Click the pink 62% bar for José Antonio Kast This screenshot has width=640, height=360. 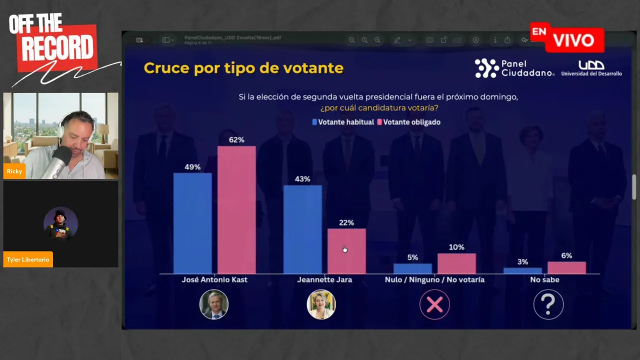[236, 210]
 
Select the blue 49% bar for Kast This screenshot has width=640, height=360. [192, 223]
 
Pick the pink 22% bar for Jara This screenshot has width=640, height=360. [346, 251]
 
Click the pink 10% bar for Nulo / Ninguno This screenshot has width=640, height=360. [456, 263]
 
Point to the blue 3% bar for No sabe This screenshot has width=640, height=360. [522, 270]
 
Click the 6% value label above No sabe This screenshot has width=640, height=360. [566, 255]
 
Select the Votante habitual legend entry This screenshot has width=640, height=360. [343, 122]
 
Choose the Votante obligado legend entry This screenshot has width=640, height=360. [408, 122]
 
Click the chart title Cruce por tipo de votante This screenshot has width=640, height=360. [243, 68]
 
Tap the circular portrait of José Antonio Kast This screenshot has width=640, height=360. [214, 304]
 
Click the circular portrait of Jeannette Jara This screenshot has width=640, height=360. [321, 304]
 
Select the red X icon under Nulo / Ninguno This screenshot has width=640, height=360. [434, 304]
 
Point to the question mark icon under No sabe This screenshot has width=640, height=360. [548, 304]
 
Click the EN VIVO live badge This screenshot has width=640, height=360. [567, 38]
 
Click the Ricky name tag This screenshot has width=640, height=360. [14, 171]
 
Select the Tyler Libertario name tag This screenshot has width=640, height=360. [28, 259]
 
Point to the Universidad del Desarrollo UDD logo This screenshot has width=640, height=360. [591, 68]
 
